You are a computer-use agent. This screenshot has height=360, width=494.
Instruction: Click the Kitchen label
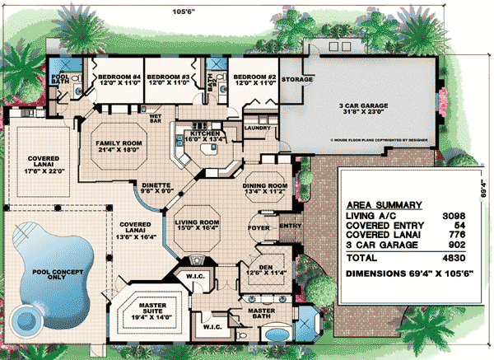tap(203, 133)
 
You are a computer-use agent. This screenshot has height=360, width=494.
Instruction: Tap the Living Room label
tap(198, 222)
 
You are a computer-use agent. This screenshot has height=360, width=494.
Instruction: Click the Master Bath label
tap(260, 312)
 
